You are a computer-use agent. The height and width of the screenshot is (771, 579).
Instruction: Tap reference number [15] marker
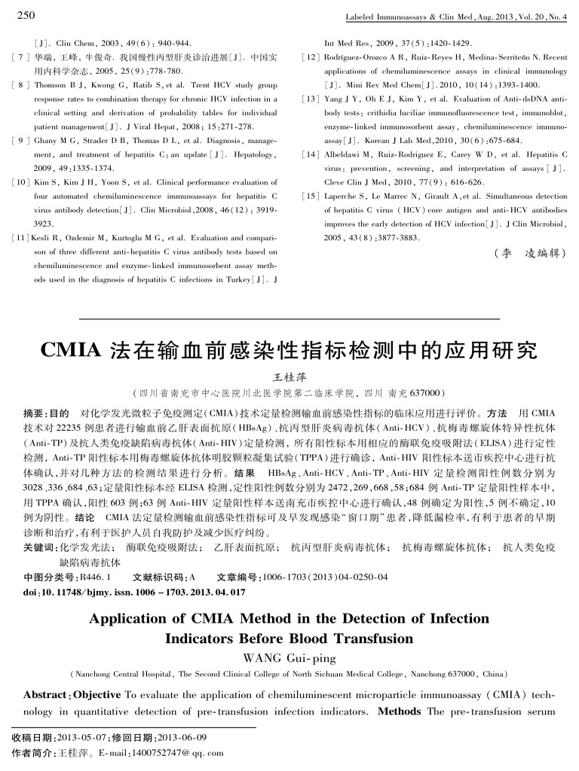point(310,196)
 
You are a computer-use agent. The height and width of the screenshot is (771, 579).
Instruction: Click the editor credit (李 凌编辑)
point(524,253)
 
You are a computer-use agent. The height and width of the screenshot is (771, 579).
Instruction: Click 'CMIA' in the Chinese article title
point(71,351)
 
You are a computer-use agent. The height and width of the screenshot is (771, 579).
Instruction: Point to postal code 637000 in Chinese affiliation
point(430,393)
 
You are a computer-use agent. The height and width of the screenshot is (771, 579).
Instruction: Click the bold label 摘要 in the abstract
point(35,414)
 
